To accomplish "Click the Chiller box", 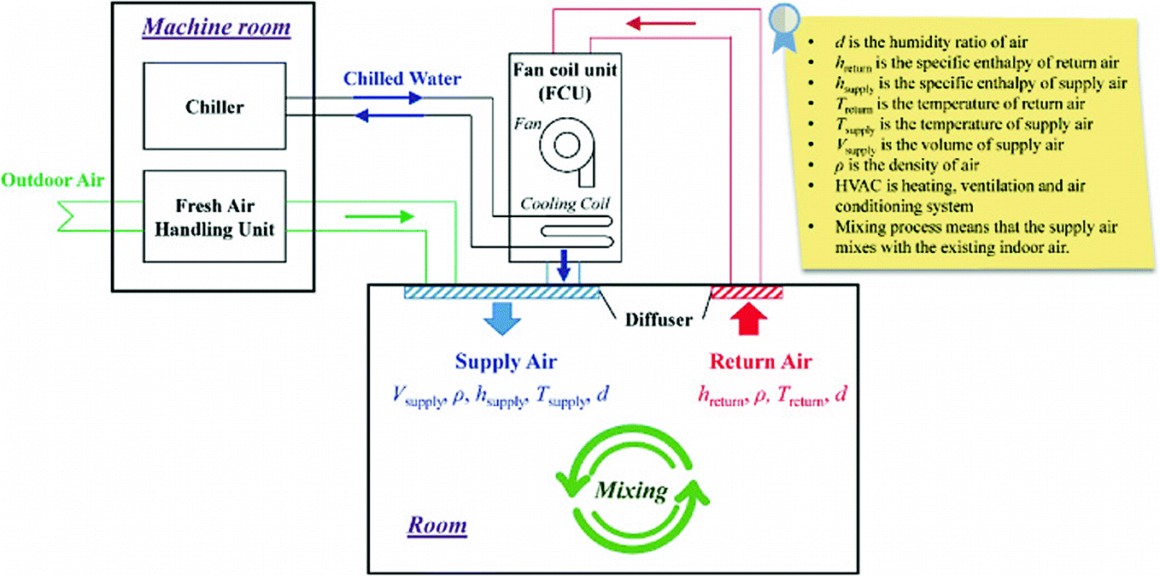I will click(x=214, y=108).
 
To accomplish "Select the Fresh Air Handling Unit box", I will click(x=214, y=216).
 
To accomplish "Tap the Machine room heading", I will click(x=216, y=27).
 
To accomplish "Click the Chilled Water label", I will click(x=402, y=79).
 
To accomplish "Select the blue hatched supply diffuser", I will click(x=502, y=293).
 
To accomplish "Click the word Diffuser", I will click(x=657, y=320).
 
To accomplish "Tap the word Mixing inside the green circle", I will click(x=631, y=491).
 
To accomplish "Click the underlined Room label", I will click(x=436, y=524).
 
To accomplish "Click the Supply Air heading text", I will click(x=501, y=361).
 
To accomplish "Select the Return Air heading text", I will click(x=748, y=361).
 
